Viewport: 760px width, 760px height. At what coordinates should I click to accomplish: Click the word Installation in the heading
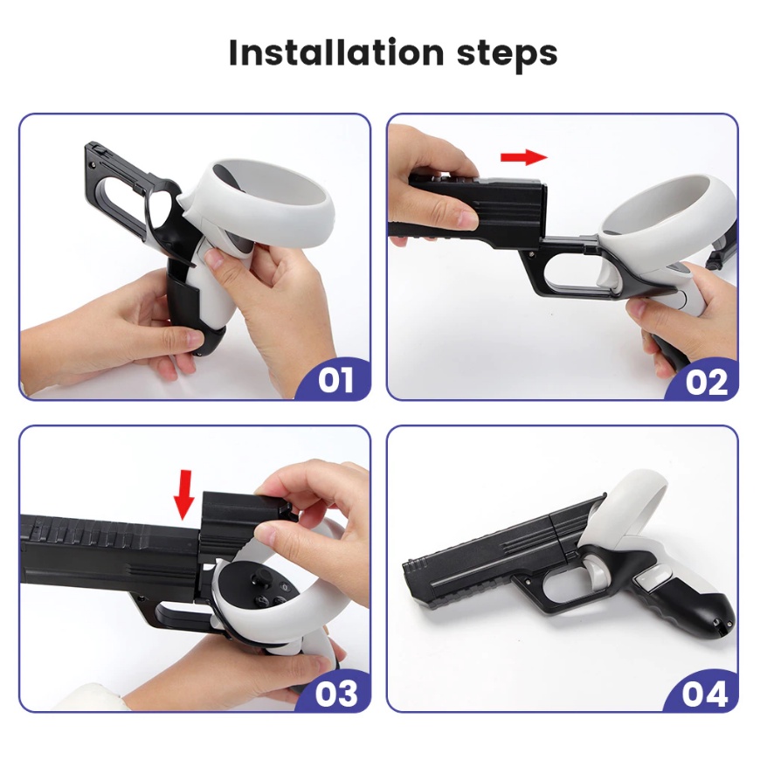click(x=336, y=52)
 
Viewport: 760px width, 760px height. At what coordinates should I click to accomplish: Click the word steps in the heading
click(x=508, y=54)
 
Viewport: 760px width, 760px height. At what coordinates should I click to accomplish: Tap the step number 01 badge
click(x=335, y=380)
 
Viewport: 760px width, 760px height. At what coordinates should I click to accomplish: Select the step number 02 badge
click(x=706, y=382)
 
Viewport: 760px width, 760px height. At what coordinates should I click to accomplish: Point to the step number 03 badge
click(x=336, y=693)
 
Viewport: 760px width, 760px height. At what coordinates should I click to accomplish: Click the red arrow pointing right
click(x=524, y=157)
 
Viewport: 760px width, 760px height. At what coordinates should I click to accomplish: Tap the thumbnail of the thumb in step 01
click(x=214, y=259)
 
